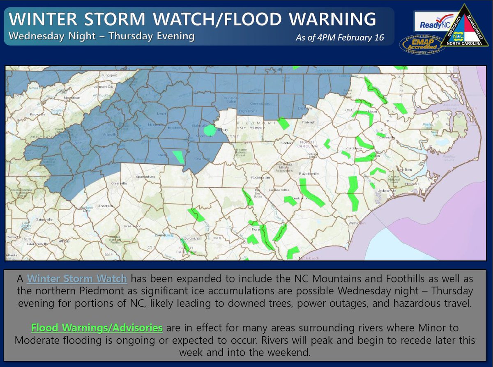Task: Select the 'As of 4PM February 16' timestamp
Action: [339, 38]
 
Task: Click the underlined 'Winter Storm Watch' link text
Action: [77, 279]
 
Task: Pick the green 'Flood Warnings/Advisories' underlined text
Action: [97, 328]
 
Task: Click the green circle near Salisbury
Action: [210, 130]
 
